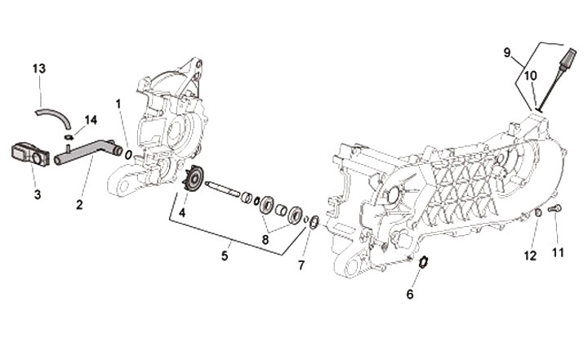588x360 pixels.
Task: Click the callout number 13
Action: click(x=38, y=68)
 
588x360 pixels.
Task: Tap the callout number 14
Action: click(x=91, y=120)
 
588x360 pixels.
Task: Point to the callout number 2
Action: click(x=79, y=204)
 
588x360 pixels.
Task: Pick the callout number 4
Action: click(x=182, y=213)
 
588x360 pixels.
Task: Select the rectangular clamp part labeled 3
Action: click(x=28, y=152)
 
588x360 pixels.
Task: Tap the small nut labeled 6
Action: click(x=423, y=263)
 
